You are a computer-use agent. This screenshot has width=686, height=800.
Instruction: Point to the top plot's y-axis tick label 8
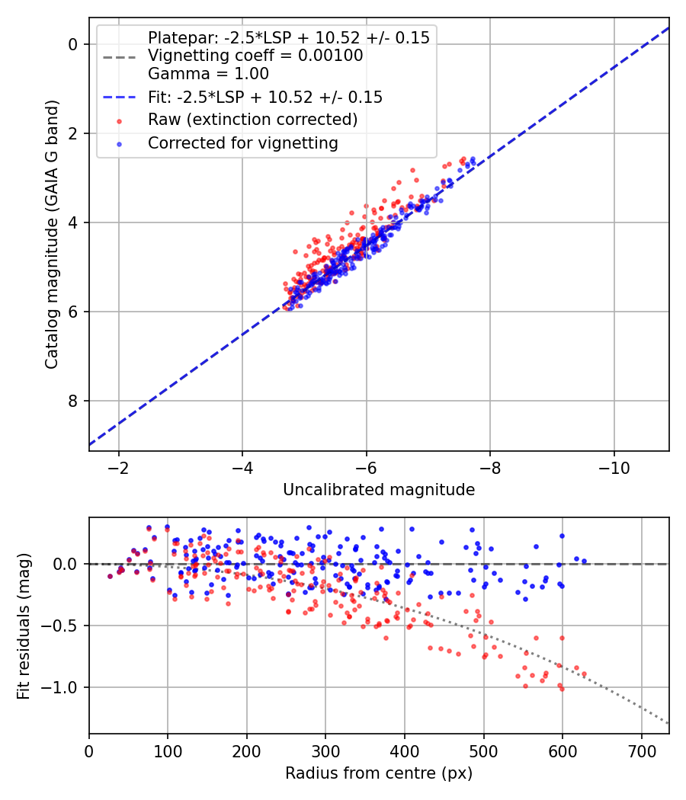point(74,401)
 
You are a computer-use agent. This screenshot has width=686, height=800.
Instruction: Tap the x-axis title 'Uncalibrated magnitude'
point(379,490)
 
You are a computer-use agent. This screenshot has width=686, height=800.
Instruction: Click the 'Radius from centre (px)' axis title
point(379,773)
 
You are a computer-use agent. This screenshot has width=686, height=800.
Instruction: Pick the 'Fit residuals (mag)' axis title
point(24,626)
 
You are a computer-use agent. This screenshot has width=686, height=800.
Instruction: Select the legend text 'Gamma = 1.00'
point(208,74)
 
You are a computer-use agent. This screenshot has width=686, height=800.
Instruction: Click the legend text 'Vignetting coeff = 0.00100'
point(255,56)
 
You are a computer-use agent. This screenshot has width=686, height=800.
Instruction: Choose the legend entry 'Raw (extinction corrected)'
point(252,120)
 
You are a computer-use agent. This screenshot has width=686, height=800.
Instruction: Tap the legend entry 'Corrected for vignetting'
point(243,142)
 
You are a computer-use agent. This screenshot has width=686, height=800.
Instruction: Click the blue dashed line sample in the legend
point(119,98)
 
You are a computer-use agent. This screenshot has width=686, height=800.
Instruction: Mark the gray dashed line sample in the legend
point(119,56)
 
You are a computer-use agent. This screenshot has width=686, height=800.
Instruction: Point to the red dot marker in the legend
point(119,120)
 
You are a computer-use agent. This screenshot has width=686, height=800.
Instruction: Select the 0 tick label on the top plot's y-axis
point(74,44)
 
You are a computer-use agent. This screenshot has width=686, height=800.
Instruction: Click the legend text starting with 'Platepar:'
point(288,37)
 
